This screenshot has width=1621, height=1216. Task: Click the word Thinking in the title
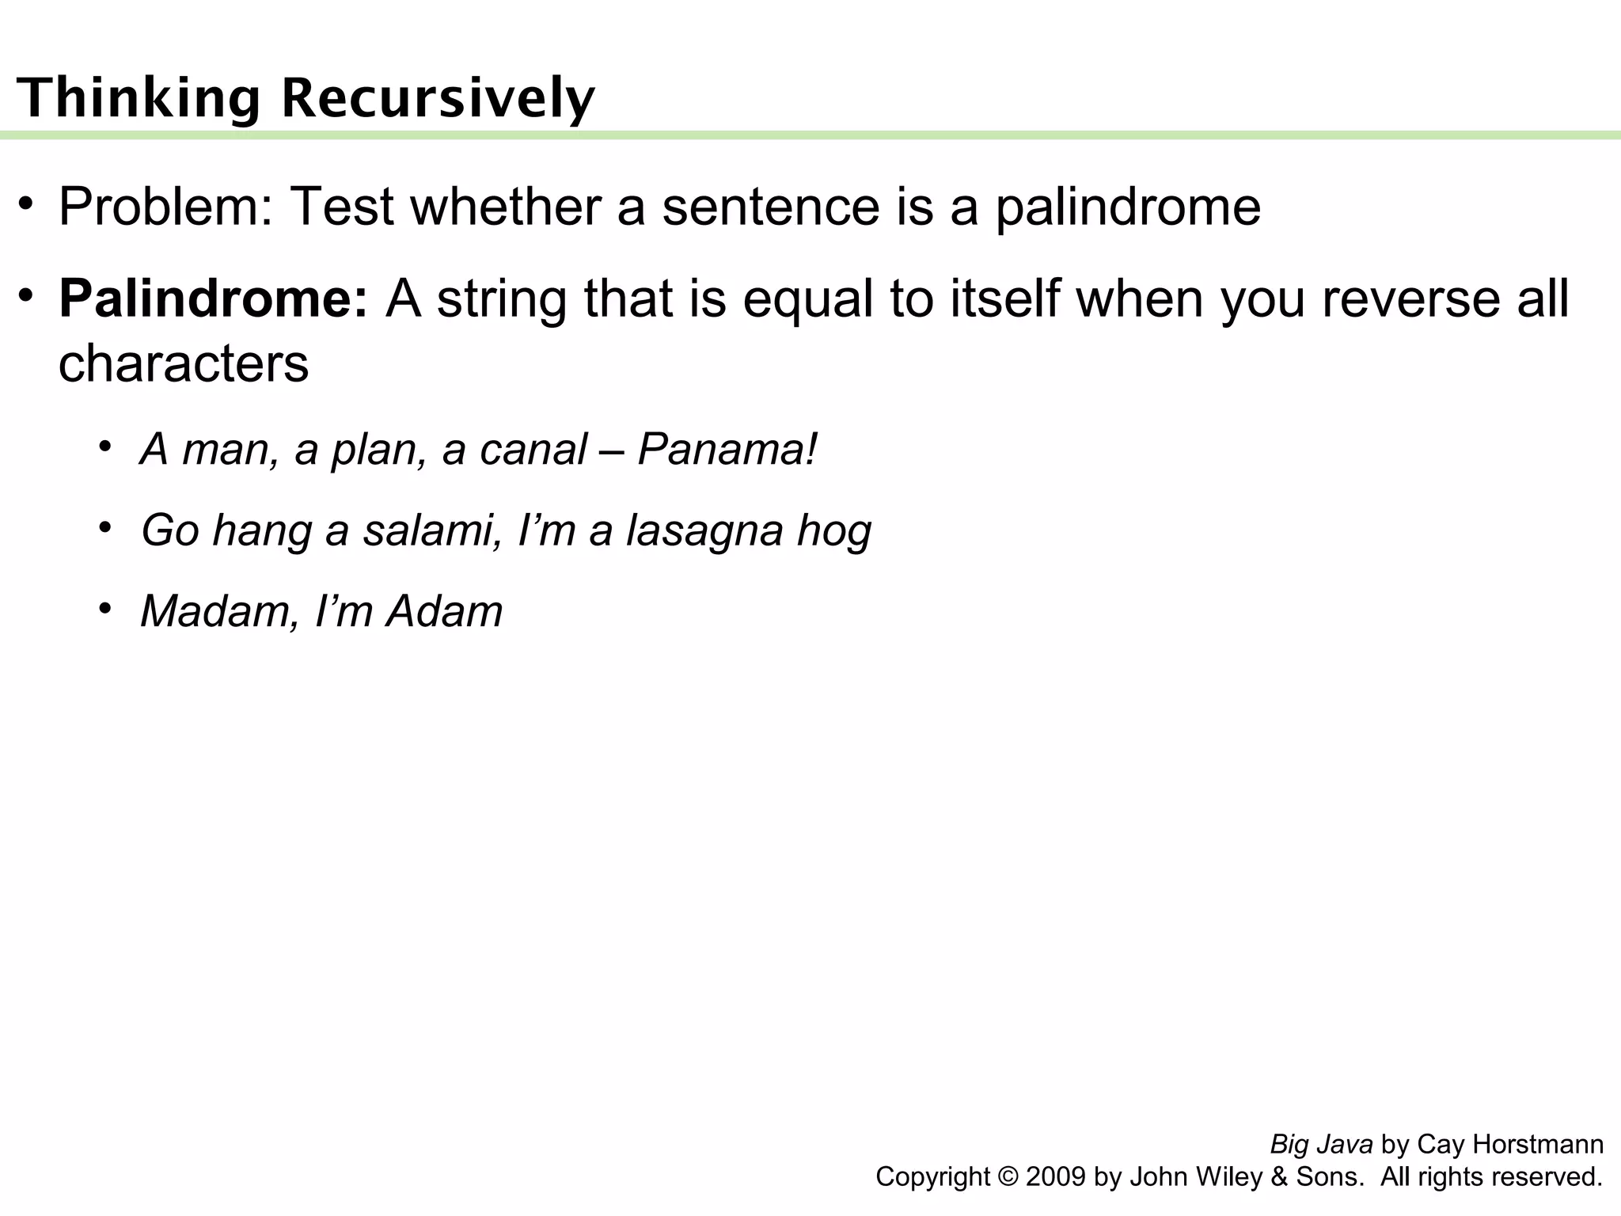(x=139, y=98)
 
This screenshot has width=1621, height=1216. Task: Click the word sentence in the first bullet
(x=770, y=207)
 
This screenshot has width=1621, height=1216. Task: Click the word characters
(x=184, y=364)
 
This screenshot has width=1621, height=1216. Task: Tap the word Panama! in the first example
(x=727, y=450)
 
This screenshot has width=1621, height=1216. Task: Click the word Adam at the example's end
(x=444, y=612)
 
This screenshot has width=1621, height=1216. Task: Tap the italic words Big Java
(x=1321, y=1145)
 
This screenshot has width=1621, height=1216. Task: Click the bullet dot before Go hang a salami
(x=104, y=527)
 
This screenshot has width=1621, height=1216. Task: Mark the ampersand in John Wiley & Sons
(x=1279, y=1177)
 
